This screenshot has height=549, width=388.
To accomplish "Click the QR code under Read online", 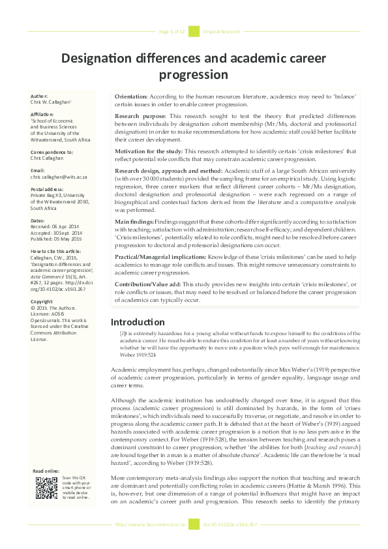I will click(x=46, y=488).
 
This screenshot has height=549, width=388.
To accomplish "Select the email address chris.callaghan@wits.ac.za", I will click(x=59, y=177).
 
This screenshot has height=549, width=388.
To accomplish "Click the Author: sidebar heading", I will click(x=40, y=96).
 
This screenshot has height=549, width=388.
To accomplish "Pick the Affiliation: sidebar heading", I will click(x=43, y=115).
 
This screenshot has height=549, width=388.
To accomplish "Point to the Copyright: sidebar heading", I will click(x=42, y=302).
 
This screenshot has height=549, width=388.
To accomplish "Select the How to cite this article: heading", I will click(x=55, y=251).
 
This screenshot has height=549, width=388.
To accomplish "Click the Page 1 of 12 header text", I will click(x=172, y=31).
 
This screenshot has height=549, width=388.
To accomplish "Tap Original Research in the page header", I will click(x=222, y=31).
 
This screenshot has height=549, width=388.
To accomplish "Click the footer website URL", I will click(x=151, y=524).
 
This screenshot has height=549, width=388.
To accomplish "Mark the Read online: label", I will click(x=46, y=471).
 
